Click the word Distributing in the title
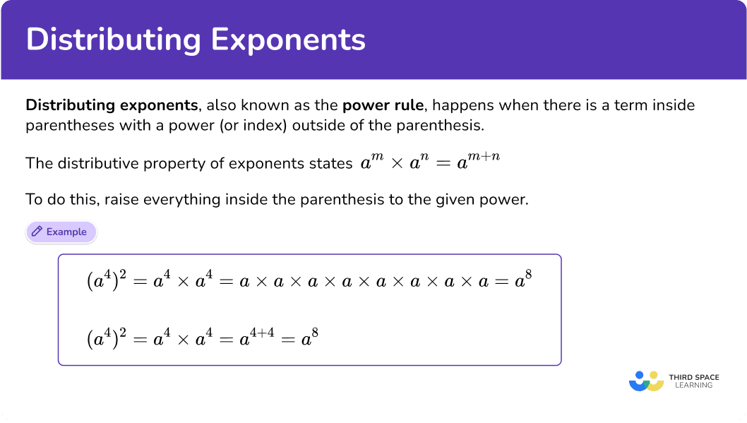point(114,40)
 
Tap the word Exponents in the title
point(288,40)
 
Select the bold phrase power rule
point(383,105)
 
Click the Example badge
point(61,232)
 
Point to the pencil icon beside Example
point(37,232)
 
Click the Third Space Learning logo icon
point(647,381)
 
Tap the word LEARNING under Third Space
point(693,386)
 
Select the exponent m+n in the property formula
point(484,156)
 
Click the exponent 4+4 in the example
point(262,333)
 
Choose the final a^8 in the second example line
point(310,337)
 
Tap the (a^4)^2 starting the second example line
point(107,338)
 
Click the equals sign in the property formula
point(443,163)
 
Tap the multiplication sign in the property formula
point(396,163)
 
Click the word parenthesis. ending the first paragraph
point(440,125)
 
